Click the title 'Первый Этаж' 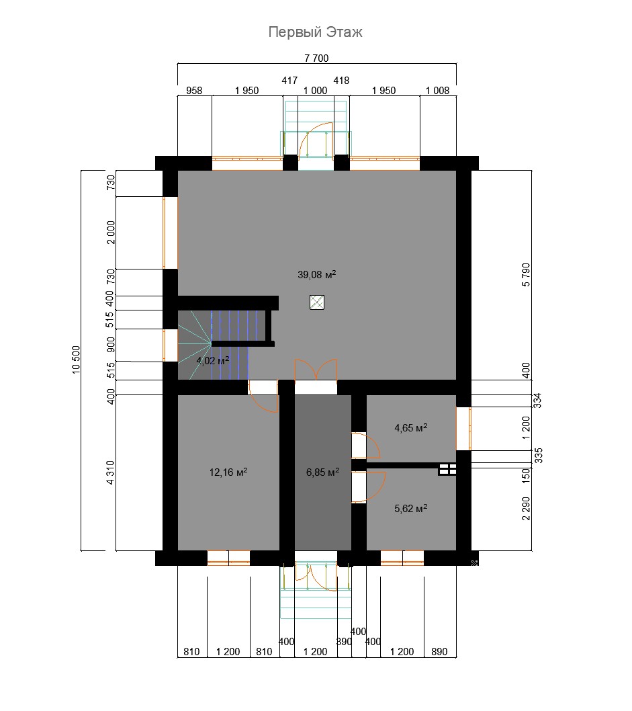click(315, 32)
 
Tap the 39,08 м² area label click(317, 274)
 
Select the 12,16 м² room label click(228, 472)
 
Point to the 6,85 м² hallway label click(322, 472)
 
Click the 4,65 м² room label click(411, 427)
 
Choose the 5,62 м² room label click(411, 508)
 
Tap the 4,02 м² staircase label click(212, 360)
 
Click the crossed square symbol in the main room click(317, 302)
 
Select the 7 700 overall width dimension click(316, 58)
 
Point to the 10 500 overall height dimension click(76, 360)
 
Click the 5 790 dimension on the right click(525, 275)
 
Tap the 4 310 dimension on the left click(110, 472)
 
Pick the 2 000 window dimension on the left click(110, 233)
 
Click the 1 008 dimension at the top click(437, 90)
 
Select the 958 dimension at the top click(194, 90)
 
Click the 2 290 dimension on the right click(525, 509)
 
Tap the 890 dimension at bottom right click(439, 652)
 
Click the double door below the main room click(316, 370)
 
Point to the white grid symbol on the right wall click(447, 469)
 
